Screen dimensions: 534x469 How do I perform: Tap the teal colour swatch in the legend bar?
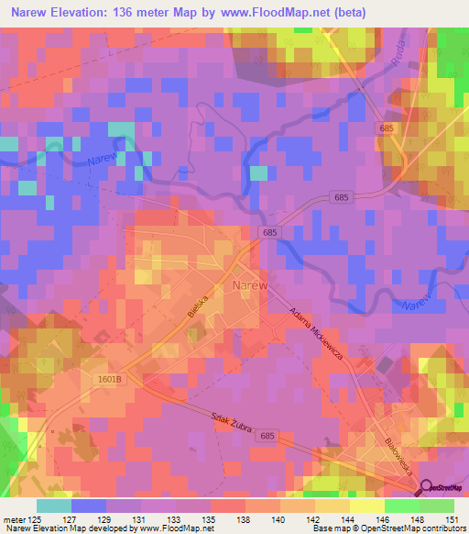tap(53, 506)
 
